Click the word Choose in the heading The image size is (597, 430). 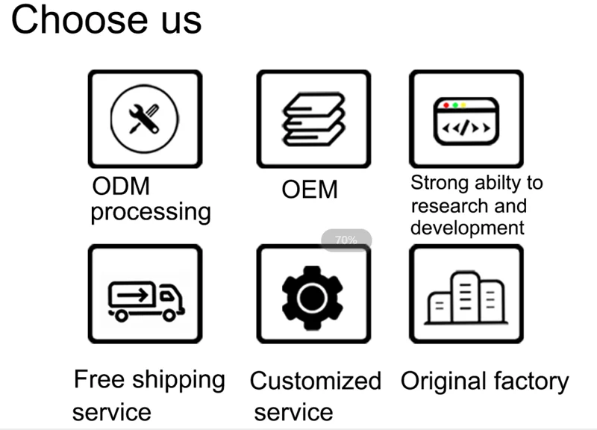(x=79, y=20)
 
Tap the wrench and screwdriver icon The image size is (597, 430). (x=144, y=119)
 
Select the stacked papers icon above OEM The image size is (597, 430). (x=313, y=119)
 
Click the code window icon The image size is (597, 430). (x=466, y=121)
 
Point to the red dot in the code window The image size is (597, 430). (x=446, y=105)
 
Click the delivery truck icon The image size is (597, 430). (x=146, y=301)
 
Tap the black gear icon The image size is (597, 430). (x=312, y=297)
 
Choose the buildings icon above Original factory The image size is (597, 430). (x=466, y=298)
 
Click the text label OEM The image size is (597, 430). (x=310, y=190)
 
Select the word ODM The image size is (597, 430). (x=121, y=186)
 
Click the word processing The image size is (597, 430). (x=151, y=212)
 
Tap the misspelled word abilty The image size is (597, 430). (x=498, y=183)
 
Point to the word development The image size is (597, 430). (x=468, y=228)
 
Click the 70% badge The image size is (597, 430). (x=346, y=240)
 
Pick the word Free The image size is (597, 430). (x=99, y=379)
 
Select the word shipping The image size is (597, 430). (x=179, y=381)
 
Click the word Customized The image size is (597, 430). (x=316, y=381)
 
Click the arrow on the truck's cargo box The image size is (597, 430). (x=133, y=295)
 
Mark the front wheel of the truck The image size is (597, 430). (x=169, y=315)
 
